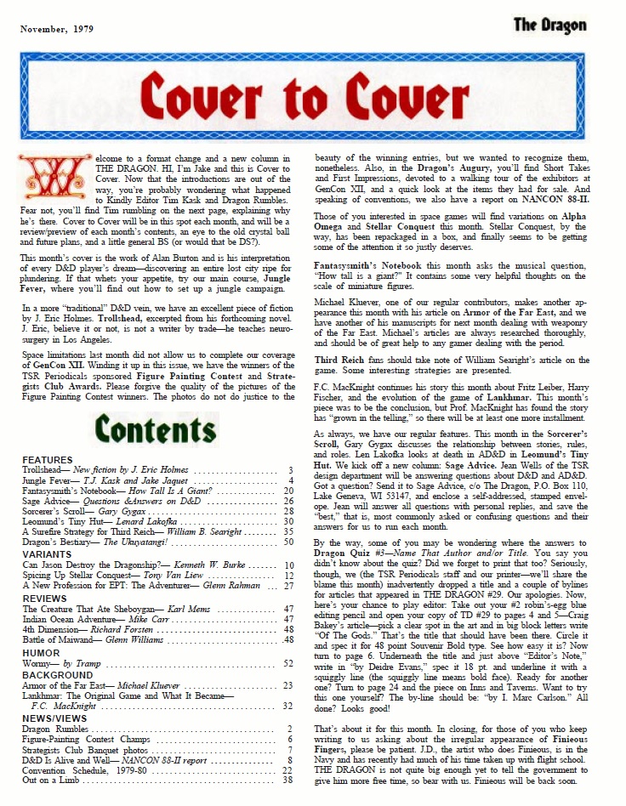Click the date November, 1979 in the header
pyautogui.click(x=58, y=28)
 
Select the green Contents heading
pyautogui.click(x=155, y=429)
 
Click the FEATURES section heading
pyautogui.click(x=47, y=460)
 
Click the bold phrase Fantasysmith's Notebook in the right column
pyautogui.click(x=371, y=264)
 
